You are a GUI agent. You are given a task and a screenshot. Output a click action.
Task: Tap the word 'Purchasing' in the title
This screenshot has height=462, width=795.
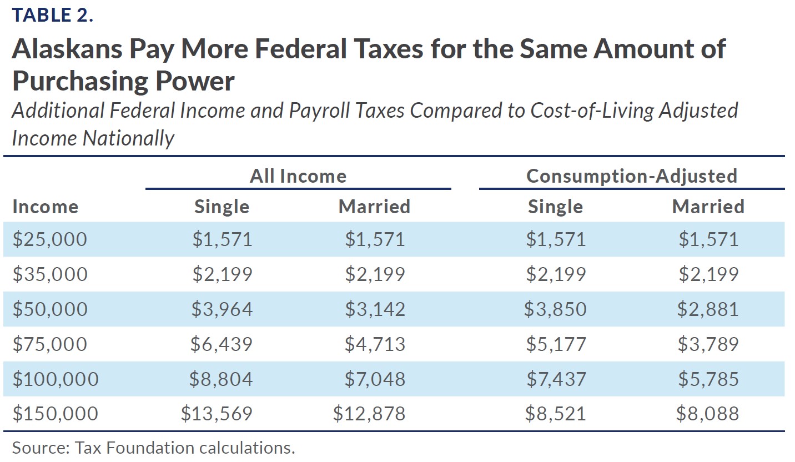(77, 81)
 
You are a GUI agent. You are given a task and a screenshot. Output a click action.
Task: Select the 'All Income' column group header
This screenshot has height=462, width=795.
(298, 176)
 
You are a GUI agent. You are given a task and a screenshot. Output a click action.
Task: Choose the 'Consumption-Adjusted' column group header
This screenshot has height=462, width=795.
(631, 176)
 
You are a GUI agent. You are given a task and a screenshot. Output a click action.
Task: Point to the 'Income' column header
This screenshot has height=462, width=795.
(45, 207)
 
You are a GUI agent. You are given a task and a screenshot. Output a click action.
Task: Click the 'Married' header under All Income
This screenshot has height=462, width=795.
(374, 207)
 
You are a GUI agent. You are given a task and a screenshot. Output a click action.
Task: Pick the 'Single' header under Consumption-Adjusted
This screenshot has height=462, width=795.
(555, 207)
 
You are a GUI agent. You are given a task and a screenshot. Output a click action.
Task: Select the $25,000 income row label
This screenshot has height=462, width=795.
(49, 239)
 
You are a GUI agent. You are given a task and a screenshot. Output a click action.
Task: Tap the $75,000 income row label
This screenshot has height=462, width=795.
(49, 344)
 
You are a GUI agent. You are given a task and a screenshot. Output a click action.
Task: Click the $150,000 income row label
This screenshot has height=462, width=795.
(55, 414)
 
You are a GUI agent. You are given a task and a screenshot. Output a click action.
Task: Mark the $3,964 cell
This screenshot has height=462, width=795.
(222, 309)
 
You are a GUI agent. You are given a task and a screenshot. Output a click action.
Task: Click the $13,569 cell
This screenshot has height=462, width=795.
(217, 414)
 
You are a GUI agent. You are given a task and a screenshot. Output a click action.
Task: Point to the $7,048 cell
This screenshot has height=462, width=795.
(375, 379)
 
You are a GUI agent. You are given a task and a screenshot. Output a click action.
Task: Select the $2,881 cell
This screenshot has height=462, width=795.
(708, 309)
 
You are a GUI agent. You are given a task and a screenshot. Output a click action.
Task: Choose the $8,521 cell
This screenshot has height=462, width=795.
(556, 414)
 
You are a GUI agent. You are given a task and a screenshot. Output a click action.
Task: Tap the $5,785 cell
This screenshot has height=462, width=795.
(708, 379)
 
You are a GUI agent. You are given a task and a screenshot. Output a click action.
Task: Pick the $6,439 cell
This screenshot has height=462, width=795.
(221, 344)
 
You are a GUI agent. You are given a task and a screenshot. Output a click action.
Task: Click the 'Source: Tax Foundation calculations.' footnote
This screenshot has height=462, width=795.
(153, 448)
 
